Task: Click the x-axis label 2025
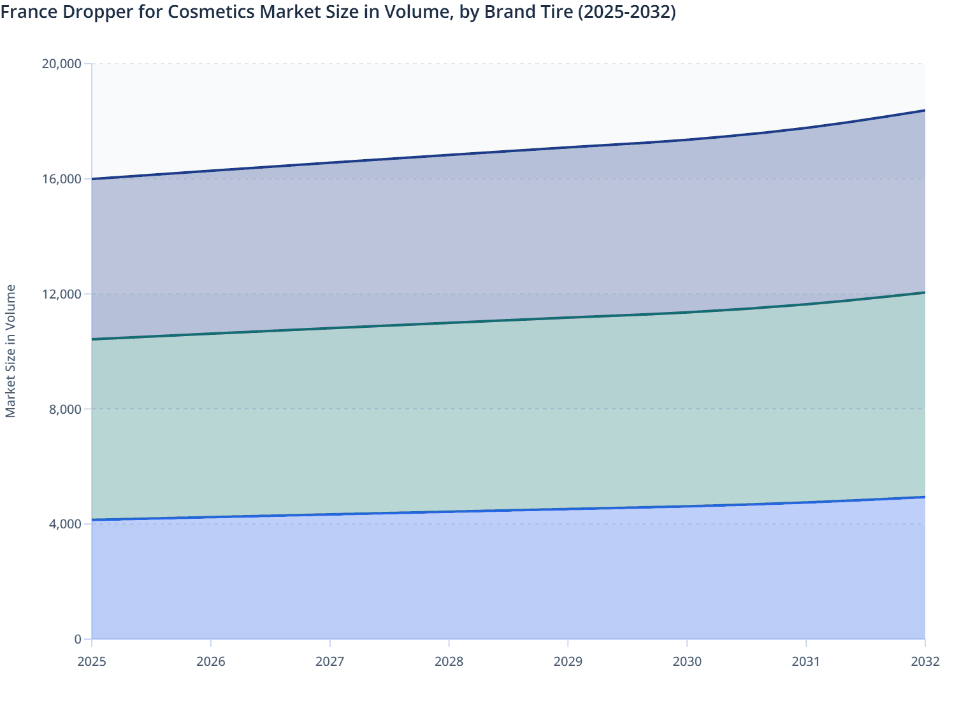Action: point(92,661)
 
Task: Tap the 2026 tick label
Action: point(211,661)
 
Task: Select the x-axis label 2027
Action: point(330,661)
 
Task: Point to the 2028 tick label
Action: point(449,661)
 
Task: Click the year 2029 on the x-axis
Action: point(568,661)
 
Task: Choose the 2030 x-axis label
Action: point(687,661)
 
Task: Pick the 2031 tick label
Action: point(806,661)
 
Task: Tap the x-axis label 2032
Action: point(925,661)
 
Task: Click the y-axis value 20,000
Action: point(61,64)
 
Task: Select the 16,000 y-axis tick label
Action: point(61,179)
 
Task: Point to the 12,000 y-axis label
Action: point(61,294)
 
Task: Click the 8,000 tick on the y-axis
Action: point(65,409)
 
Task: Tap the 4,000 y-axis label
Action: point(65,524)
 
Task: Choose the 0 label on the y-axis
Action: point(78,639)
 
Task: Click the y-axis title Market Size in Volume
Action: point(10,351)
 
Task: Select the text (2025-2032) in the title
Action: point(626,12)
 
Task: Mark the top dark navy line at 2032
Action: point(924,111)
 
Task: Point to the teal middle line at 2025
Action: point(93,339)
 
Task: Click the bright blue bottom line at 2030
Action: point(687,506)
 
